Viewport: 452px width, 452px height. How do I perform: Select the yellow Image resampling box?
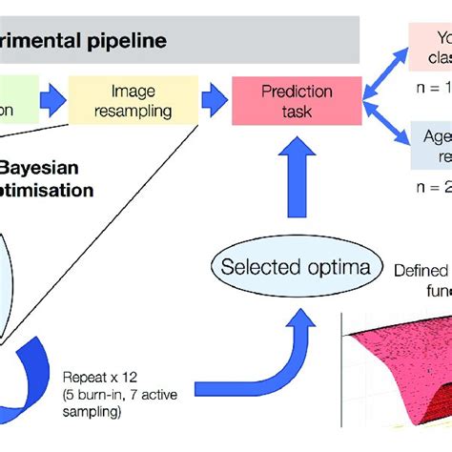coord(140,101)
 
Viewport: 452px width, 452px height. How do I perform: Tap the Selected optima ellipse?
coord(282,266)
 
